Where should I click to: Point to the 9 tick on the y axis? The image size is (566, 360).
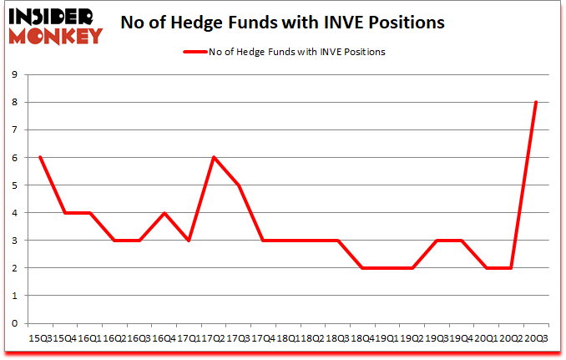[x=16, y=75]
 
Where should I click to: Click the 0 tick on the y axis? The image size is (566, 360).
[x=16, y=323]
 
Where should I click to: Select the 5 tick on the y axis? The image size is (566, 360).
[x=16, y=185]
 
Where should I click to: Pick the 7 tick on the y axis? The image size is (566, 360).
[x=16, y=130]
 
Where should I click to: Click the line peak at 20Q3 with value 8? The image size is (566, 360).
[x=535, y=103]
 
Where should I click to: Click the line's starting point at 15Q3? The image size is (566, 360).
[x=39, y=158]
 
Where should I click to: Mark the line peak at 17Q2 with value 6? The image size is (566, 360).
[x=213, y=158]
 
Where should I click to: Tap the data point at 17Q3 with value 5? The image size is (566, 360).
[x=238, y=185]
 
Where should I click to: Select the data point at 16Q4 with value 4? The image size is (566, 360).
[x=164, y=213]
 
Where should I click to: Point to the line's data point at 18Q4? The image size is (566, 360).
[x=361, y=268]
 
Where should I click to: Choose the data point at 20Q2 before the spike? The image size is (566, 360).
[x=510, y=268]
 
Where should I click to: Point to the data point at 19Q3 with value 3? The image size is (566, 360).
[x=436, y=241]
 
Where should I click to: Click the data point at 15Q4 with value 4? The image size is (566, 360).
[x=64, y=213]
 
